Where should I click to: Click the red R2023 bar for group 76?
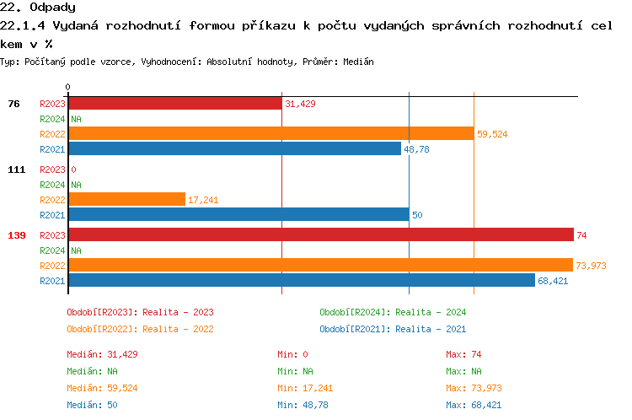pyautogui.click(x=174, y=104)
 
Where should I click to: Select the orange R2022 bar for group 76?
pyautogui.click(x=270, y=133)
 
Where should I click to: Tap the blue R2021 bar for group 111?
pyautogui.click(x=238, y=215)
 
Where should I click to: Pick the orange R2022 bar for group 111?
pyautogui.click(x=126, y=199)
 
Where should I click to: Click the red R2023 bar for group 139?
pyautogui.click(x=320, y=234)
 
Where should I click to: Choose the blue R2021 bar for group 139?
pyautogui.click(x=301, y=280)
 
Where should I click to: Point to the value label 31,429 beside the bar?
pyautogui.click(x=300, y=104)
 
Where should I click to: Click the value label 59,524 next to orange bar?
pyautogui.click(x=492, y=134)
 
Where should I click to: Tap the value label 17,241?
pyautogui.click(x=203, y=200)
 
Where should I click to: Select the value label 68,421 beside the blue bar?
pyautogui.click(x=553, y=281)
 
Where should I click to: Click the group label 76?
pyautogui.click(x=13, y=104)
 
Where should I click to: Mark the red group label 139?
pyautogui.click(x=16, y=235)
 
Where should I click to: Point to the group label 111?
pyautogui.click(x=16, y=170)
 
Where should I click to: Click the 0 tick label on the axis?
pyautogui.click(x=67, y=87)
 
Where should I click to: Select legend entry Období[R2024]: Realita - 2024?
pyautogui.click(x=393, y=312)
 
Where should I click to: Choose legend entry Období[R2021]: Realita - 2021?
pyautogui.click(x=393, y=329)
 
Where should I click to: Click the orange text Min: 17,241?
pyautogui.click(x=307, y=388)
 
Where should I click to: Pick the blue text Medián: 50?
pyautogui.click(x=92, y=405)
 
